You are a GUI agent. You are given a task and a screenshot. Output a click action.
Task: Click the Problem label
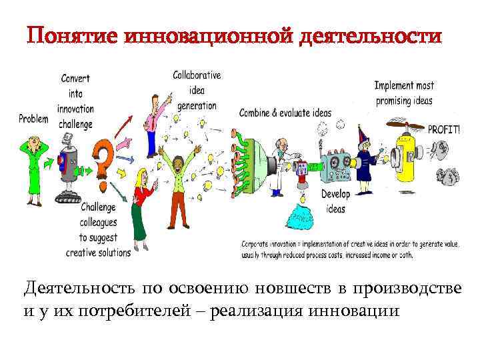34,119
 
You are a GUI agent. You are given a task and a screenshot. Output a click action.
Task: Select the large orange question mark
103,161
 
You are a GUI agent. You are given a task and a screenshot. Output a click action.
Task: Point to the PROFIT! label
443,130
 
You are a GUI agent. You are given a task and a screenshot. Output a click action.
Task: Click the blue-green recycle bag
301,217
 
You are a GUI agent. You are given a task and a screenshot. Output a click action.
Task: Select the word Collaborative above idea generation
197,75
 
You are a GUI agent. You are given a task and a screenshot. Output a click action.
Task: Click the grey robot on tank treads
67,167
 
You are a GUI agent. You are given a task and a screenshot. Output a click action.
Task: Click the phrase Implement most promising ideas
404,93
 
